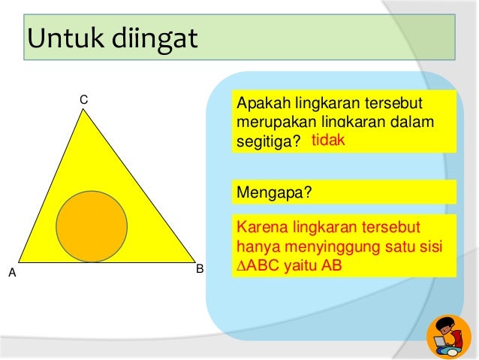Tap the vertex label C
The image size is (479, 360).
click(84, 99)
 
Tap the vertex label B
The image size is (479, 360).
click(200, 268)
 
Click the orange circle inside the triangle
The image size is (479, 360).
click(91, 226)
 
